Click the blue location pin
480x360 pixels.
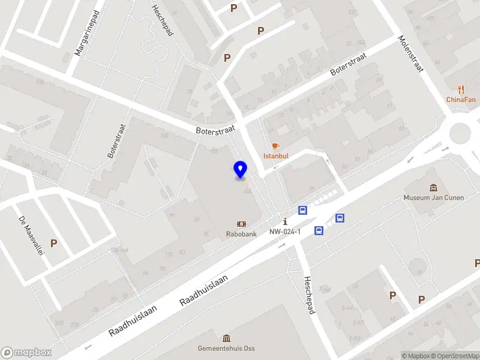(x=241, y=170)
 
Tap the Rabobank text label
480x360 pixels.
(x=241, y=234)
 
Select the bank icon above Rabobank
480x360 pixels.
(x=241, y=224)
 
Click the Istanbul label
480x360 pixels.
(x=276, y=156)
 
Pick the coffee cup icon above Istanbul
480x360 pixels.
(x=275, y=146)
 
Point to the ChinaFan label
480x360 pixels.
(x=461, y=100)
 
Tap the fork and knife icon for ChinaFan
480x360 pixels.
(x=461, y=89)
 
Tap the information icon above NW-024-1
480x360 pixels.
(x=285, y=222)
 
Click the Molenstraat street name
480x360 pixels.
(x=411, y=53)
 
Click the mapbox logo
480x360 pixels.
(x=26, y=353)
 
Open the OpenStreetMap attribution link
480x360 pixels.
(x=453, y=356)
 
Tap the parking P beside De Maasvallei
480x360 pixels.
(x=53, y=244)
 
